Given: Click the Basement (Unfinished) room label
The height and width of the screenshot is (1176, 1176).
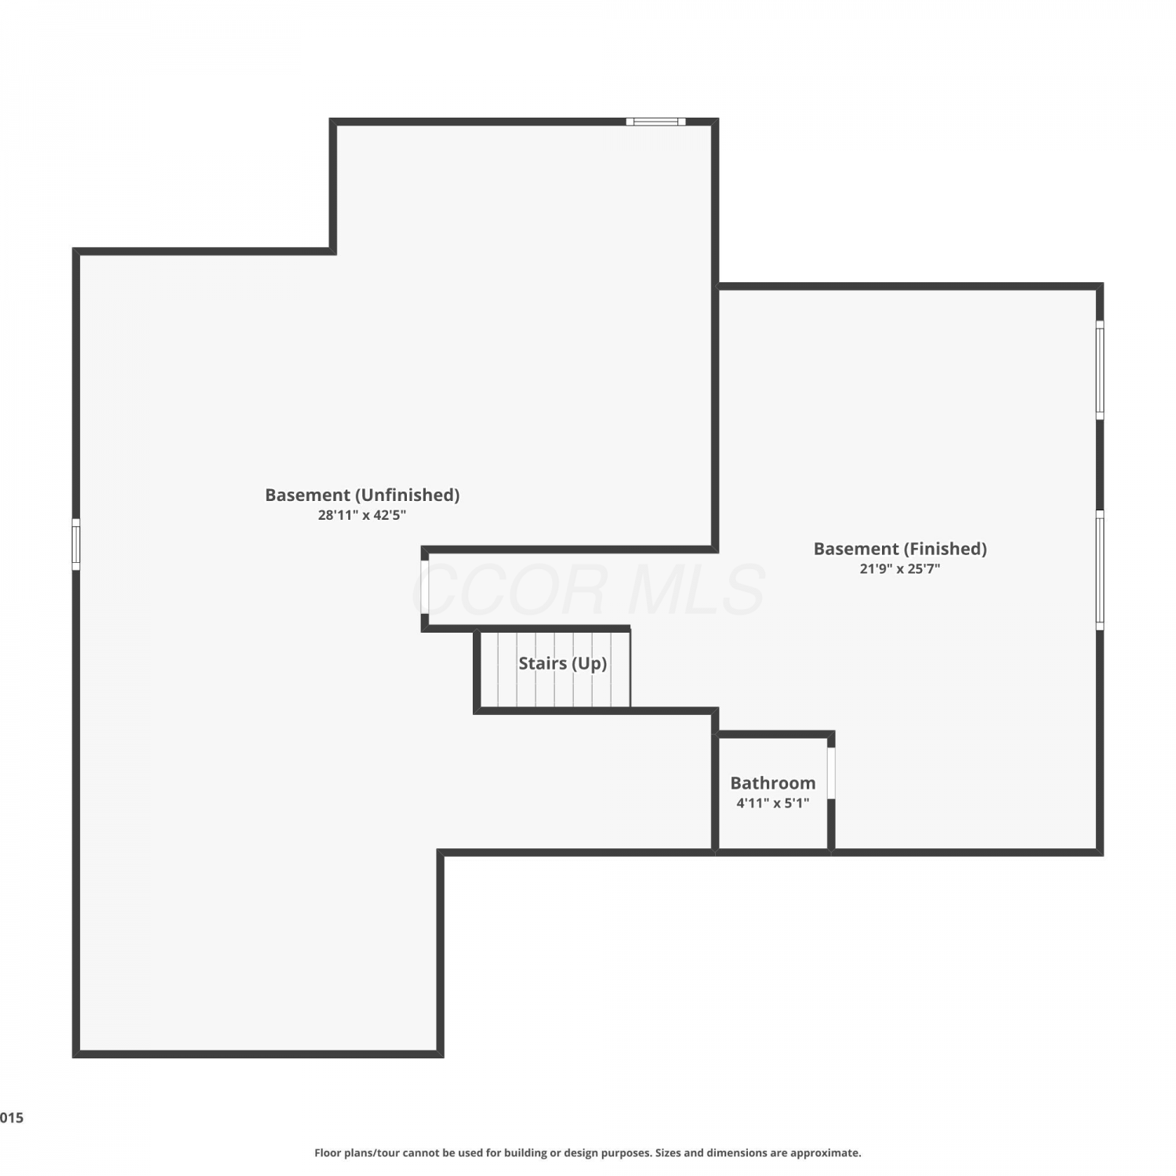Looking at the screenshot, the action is coord(362,495).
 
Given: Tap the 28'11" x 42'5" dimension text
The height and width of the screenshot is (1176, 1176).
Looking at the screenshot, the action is coord(362,515).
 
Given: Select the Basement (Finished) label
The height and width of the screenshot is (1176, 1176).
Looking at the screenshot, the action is coord(900,549).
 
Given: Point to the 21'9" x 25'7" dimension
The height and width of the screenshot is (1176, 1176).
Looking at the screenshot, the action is coord(900,568).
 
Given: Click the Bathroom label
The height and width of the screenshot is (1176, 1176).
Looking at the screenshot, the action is coord(773,782).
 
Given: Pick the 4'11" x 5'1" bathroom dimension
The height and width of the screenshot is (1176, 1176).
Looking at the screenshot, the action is coord(773,803).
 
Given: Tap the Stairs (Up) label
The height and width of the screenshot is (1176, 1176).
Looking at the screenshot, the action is coord(563,663).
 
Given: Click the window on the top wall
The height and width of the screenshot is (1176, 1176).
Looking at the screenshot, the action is coord(655,122).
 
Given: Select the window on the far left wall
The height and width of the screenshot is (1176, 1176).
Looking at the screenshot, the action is coord(76,544).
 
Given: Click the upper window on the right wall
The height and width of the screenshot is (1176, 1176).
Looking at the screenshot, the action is coord(1100,370).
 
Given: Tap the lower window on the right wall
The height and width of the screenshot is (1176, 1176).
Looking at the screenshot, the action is coord(1100,570).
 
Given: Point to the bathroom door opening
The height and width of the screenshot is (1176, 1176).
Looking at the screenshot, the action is coord(831,773).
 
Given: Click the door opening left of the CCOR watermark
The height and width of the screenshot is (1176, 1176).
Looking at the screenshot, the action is coord(425,586).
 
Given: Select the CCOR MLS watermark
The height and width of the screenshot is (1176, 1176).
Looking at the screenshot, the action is coord(589,590).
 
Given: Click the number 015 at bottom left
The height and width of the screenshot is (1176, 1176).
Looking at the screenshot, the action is coord(12,1118).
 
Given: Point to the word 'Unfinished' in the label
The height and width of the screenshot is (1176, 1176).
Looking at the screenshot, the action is coord(408,495).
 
